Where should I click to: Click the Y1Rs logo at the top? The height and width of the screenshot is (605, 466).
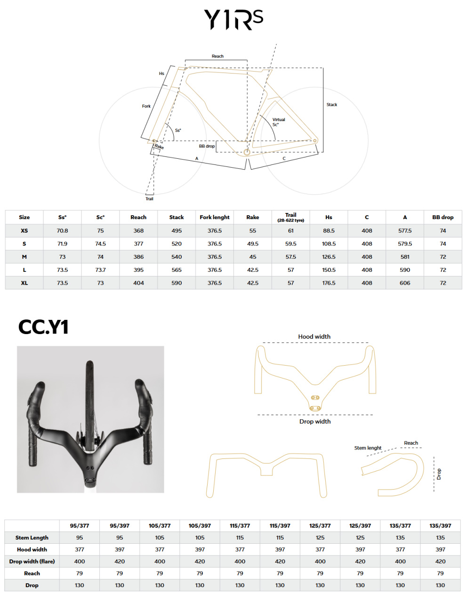click(233, 19)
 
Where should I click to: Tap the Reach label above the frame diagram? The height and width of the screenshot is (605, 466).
click(217, 56)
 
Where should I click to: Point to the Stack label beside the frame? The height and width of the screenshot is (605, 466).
click(331, 105)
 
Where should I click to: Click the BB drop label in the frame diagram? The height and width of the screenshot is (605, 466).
click(206, 146)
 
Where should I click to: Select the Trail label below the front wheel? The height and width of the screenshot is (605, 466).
click(149, 198)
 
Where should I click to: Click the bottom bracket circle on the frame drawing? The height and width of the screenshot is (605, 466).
click(246, 152)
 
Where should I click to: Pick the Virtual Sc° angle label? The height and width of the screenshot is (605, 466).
click(278, 122)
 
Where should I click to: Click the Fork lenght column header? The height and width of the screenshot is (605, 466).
click(214, 217)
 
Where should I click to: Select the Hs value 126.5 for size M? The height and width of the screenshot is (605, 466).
click(328, 256)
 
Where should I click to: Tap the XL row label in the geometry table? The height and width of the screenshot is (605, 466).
click(24, 283)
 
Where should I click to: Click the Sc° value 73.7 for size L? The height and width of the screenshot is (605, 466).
click(100, 270)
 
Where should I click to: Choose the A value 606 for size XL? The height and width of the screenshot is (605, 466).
click(404, 283)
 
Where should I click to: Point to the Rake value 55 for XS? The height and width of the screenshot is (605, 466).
click(252, 230)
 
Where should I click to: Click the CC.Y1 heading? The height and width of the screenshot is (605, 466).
click(43, 327)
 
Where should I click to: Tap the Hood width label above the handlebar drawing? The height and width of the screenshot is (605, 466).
click(314, 336)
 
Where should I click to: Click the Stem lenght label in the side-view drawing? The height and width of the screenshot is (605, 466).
click(367, 448)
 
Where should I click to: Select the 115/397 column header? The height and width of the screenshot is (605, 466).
click(280, 525)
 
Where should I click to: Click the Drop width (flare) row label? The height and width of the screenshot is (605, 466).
click(32, 561)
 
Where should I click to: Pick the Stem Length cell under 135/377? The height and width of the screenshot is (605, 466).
click(400, 537)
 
